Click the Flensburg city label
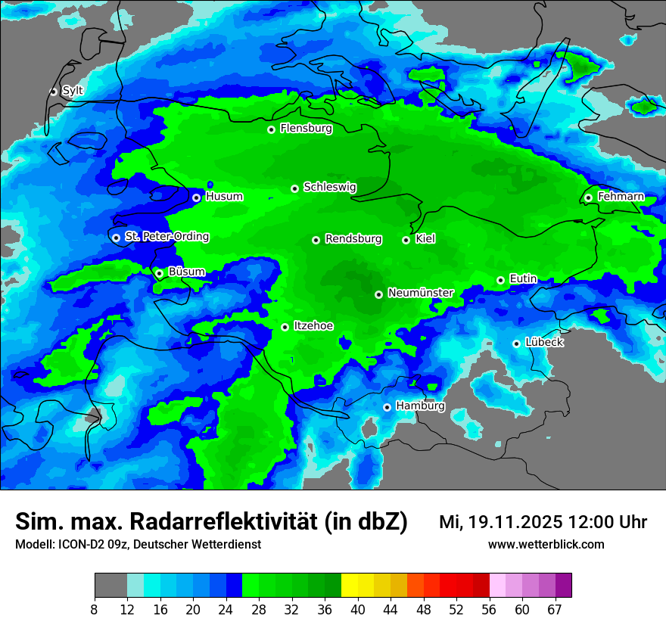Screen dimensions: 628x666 pyautogui.click(x=306, y=129)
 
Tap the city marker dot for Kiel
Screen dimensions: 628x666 pyautogui.click(x=406, y=240)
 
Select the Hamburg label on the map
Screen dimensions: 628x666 pyautogui.click(x=420, y=406)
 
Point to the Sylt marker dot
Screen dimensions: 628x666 pyautogui.click(x=54, y=92)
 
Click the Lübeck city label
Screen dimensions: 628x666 pyautogui.click(x=543, y=343)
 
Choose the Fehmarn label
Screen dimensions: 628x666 pyautogui.click(x=621, y=197)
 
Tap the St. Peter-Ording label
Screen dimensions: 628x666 pyautogui.click(x=166, y=237)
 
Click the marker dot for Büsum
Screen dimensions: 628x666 pyautogui.click(x=159, y=273)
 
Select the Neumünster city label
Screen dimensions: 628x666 pyautogui.click(x=420, y=293)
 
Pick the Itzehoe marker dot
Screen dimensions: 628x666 pyautogui.click(x=285, y=327)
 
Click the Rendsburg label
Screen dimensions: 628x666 pyautogui.click(x=353, y=239)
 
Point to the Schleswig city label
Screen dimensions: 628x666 pyautogui.click(x=329, y=187)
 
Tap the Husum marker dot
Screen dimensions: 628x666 pyautogui.click(x=196, y=197)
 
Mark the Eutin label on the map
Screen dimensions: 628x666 pyautogui.click(x=523, y=279)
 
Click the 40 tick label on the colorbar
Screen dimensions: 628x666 pyautogui.click(x=358, y=610)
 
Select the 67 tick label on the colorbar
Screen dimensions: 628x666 pyautogui.click(x=555, y=610)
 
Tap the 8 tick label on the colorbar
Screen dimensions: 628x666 pyautogui.click(x=95, y=610)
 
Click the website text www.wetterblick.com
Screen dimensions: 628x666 pyautogui.click(x=546, y=545)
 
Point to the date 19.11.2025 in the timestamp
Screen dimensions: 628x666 pyautogui.click(x=515, y=522)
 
